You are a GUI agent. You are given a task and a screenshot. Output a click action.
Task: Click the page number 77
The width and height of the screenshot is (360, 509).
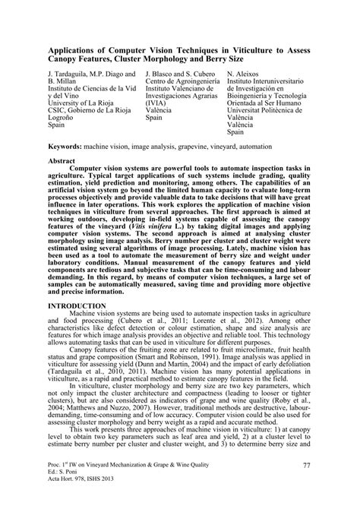click(307, 487)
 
